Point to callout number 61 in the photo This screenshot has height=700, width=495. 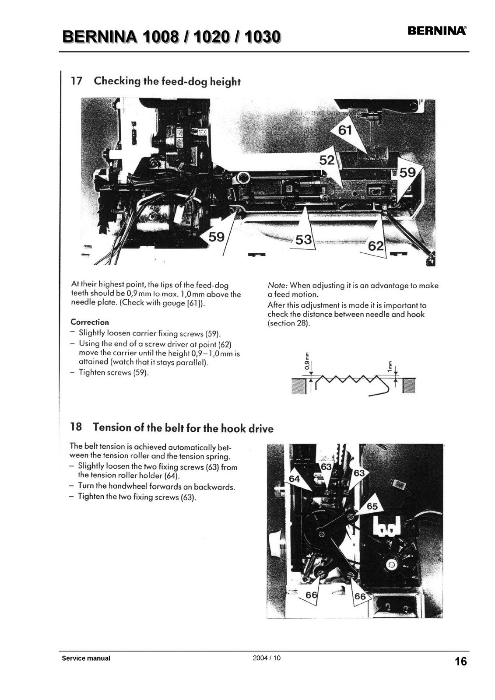[x=345, y=130]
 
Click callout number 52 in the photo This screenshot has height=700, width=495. [x=327, y=160]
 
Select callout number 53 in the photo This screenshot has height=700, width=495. [x=304, y=239]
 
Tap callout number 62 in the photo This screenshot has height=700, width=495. [x=376, y=246]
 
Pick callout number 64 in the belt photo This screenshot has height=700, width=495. [x=294, y=479]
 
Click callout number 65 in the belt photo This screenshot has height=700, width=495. [x=372, y=507]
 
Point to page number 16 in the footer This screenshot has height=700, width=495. [x=460, y=661]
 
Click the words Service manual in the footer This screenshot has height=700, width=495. [x=86, y=658]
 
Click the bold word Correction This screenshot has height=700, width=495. [x=90, y=322]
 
